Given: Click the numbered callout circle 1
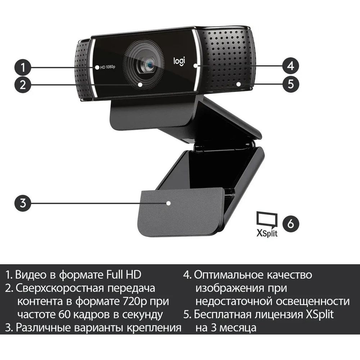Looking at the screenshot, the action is pos(22,68).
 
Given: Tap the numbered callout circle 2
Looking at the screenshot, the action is pos(22,85).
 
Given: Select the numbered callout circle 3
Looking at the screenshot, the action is pos(22,203).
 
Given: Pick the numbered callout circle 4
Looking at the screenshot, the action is pos(291,66).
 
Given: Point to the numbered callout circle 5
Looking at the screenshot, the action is pos(291,84).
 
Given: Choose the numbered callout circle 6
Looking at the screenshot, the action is pos(291,224).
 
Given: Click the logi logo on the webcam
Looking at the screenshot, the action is pos(179,62).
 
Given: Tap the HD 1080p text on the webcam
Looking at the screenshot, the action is pos(107,67).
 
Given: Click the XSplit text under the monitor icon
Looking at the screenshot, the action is pos(267,234).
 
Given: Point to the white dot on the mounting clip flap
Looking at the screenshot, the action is pos(168,203).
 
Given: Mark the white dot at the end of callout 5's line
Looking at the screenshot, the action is pos(239,84).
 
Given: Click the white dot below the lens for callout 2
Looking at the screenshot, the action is pos(140,85).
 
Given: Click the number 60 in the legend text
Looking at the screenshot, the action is pos(65,315).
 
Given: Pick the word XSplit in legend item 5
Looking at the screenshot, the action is pos(320,315).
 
